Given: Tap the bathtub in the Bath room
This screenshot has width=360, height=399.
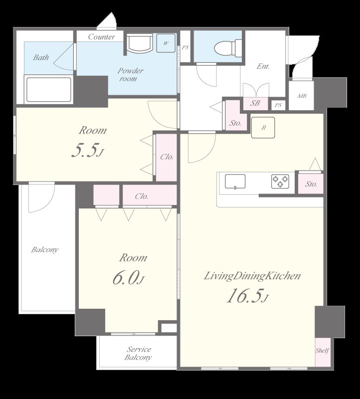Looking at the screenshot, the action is (48, 90).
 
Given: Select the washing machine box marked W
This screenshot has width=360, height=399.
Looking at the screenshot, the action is (166, 43).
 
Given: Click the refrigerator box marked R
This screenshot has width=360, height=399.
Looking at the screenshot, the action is (263, 128).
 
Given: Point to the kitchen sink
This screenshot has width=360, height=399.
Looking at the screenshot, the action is (235, 182).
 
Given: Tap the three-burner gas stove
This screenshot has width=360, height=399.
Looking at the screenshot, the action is (280, 181).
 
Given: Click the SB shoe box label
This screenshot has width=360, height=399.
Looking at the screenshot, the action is (255, 103).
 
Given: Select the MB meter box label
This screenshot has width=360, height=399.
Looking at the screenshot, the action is (302, 96).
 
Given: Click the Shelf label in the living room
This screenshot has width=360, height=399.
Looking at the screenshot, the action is (322, 351).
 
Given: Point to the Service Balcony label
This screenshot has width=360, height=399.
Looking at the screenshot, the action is (139, 353).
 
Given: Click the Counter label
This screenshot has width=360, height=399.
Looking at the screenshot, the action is (102, 37).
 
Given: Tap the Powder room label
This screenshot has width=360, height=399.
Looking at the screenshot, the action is (130, 74).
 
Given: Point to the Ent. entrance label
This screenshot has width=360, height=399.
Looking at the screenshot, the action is (263, 66).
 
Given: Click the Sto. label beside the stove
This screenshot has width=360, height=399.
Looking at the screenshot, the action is (311, 184).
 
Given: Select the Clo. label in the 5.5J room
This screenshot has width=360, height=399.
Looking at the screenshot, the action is (167, 157).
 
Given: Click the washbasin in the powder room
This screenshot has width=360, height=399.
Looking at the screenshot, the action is (140, 44).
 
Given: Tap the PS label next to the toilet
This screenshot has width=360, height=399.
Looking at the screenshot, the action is (185, 47).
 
